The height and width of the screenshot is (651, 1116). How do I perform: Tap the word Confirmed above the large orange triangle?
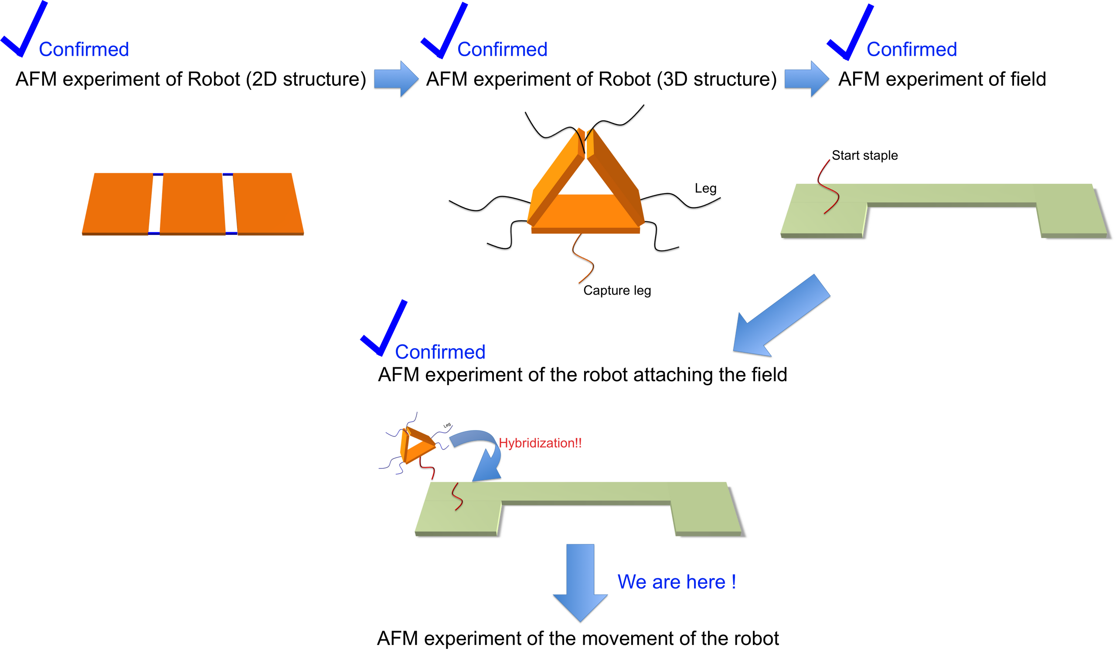(502, 49)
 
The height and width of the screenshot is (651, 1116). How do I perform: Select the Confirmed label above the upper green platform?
(912, 49)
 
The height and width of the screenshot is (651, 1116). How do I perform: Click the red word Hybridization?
(539, 443)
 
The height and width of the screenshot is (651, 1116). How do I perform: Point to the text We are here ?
(676, 582)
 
